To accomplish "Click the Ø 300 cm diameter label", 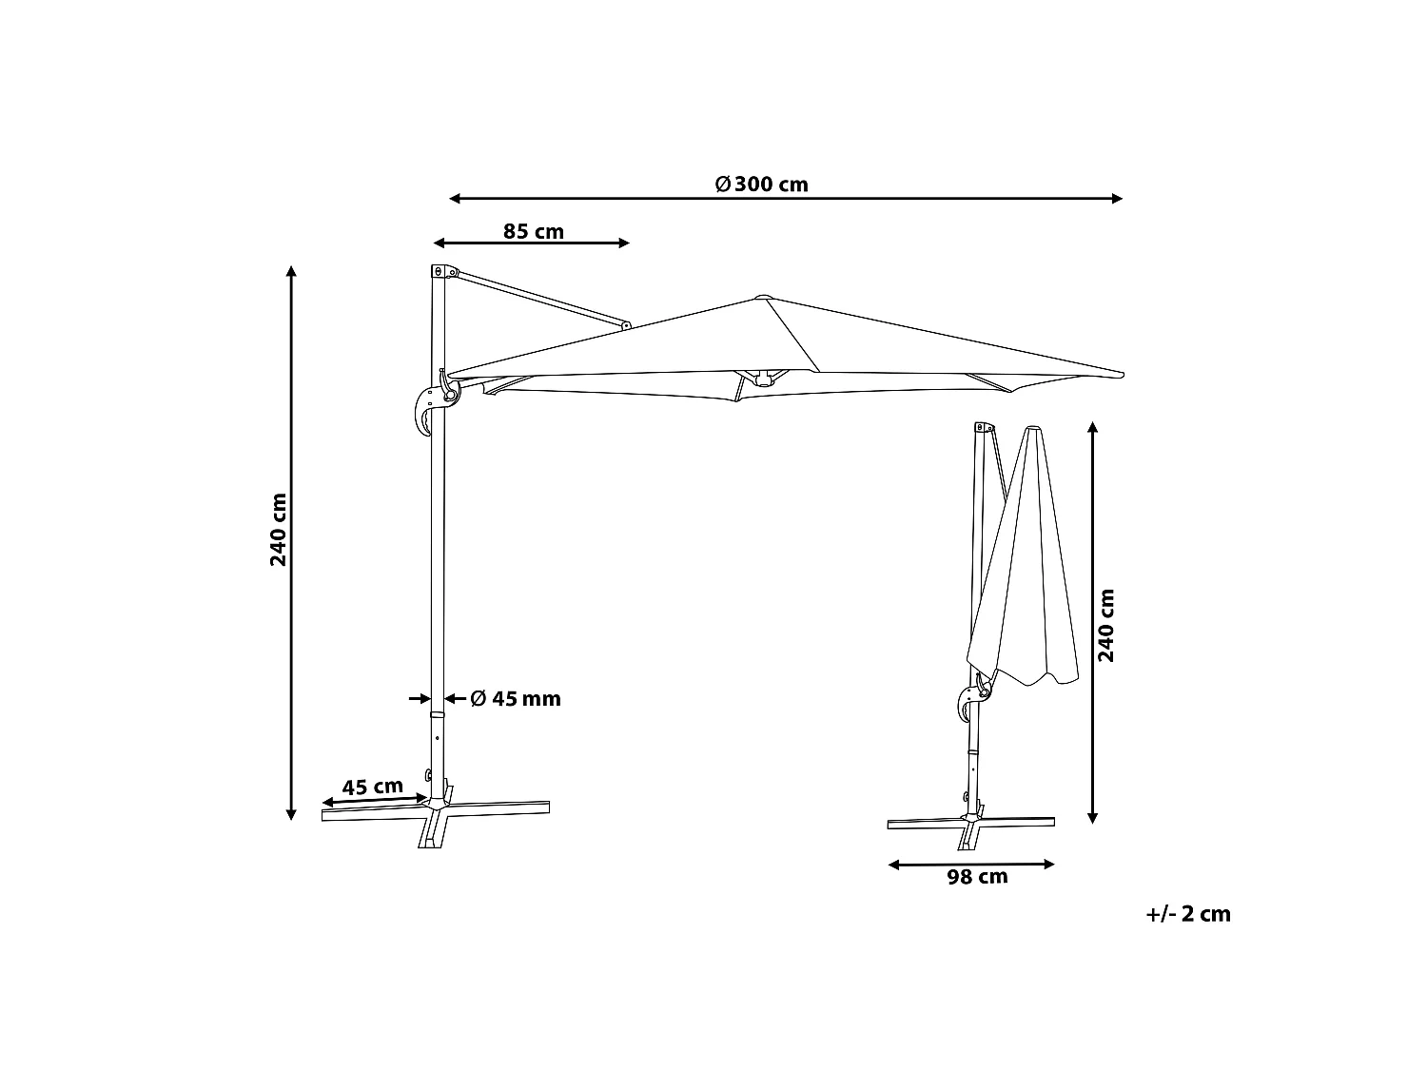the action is tap(761, 185).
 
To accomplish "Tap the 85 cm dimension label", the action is tap(533, 231).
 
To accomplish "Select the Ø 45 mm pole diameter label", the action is tap(515, 699).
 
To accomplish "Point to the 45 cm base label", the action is tap(373, 787).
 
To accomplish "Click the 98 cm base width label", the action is tap(977, 877).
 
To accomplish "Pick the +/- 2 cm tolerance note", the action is tap(1188, 914).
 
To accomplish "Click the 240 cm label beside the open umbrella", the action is tap(278, 530).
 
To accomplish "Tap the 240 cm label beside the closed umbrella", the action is tap(1105, 626).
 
